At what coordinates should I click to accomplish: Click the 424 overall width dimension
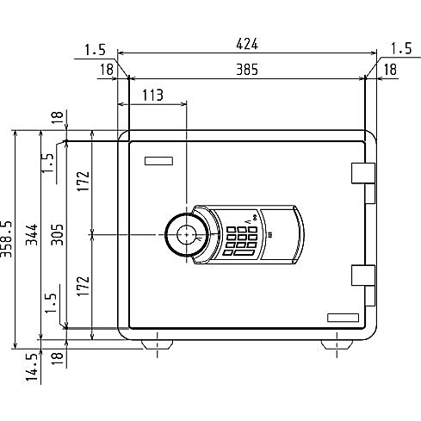(247, 44)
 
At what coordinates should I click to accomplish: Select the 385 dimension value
(247, 70)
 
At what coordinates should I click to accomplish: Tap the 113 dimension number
(152, 95)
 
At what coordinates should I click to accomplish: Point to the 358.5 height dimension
(6, 238)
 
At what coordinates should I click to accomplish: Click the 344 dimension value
(32, 235)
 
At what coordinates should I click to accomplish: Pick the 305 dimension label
(57, 235)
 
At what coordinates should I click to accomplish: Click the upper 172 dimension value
(83, 182)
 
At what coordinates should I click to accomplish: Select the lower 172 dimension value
(83, 286)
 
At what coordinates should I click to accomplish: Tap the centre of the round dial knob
(187, 235)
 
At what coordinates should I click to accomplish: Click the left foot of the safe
(158, 344)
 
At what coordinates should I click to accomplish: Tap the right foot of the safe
(337, 344)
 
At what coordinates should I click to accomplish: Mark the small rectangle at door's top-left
(158, 161)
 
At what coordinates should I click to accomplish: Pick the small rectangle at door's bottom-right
(343, 318)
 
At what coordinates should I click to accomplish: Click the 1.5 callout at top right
(402, 48)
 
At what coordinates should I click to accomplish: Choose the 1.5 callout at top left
(96, 49)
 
